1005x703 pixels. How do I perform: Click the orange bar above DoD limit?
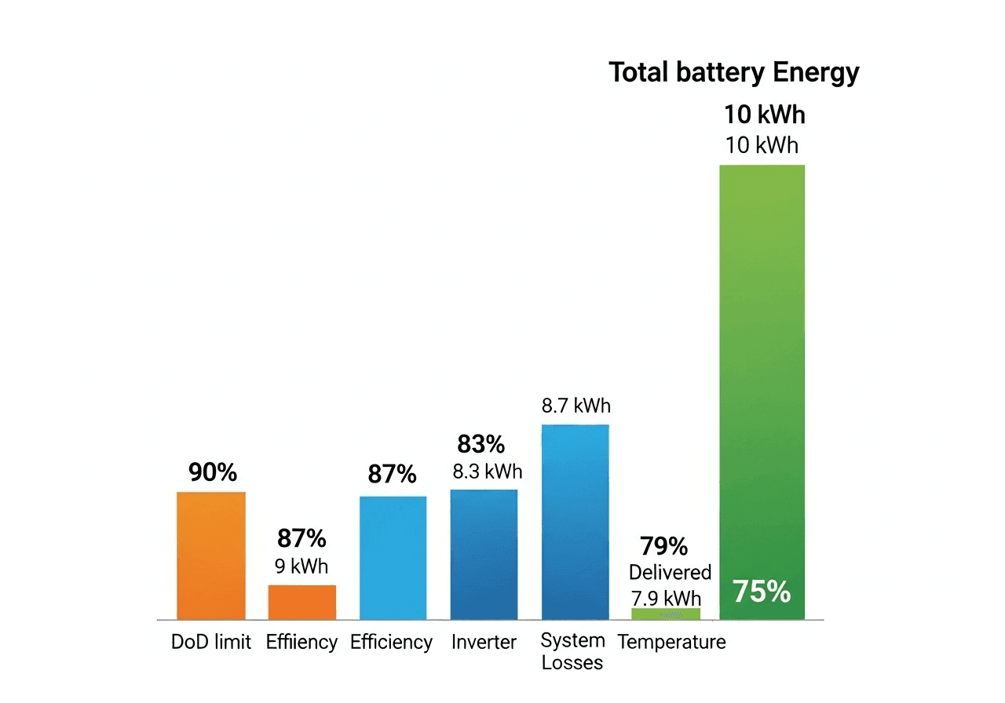[211, 555]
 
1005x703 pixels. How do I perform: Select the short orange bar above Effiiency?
[302, 602]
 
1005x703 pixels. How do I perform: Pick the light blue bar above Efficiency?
[393, 558]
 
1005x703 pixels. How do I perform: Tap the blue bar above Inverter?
[484, 555]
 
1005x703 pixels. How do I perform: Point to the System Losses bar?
[575, 522]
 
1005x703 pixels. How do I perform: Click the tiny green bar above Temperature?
[666, 614]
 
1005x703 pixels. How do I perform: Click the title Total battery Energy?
[734, 73]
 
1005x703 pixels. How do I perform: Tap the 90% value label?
[212, 472]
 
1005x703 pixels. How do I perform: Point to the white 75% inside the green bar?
[762, 592]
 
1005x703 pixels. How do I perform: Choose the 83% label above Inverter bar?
[481, 444]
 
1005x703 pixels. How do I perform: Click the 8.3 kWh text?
[487, 472]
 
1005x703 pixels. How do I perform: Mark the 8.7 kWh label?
[576, 406]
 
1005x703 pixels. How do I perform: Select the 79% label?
[663, 545]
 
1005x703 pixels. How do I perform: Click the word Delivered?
[670, 572]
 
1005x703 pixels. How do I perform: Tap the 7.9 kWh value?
[666, 599]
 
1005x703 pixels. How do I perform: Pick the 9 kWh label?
[301, 566]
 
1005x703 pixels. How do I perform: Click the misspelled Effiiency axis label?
[301, 643]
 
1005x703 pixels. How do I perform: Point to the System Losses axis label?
[573, 651]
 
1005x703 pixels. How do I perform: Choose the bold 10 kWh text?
[764, 115]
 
